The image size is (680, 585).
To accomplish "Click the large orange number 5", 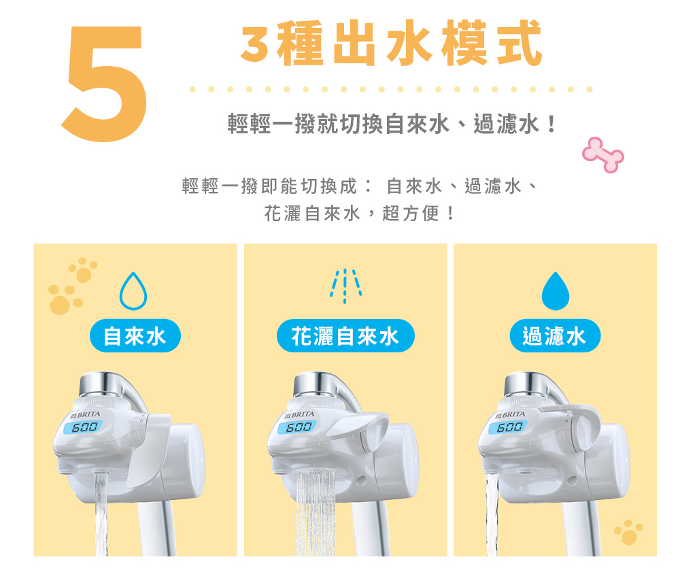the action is (104, 83).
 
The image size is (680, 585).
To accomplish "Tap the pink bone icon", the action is (602, 155).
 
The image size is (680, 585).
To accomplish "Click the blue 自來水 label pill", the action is (135, 336).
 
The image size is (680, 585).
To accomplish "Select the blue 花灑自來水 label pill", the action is (345, 336).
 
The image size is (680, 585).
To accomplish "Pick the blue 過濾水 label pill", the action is (555, 336).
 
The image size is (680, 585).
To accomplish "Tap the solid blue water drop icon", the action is (555, 291).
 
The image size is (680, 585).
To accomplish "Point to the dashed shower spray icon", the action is (345, 286).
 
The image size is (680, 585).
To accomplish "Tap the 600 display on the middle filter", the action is (298, 427).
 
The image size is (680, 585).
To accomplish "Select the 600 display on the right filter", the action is (508, 427).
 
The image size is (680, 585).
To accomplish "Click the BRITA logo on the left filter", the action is (85, 415).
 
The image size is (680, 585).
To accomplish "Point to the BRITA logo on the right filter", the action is (510, 415).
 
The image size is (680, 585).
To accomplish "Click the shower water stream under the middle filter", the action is (316, 512).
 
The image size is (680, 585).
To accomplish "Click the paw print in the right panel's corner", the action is (628, 532).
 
